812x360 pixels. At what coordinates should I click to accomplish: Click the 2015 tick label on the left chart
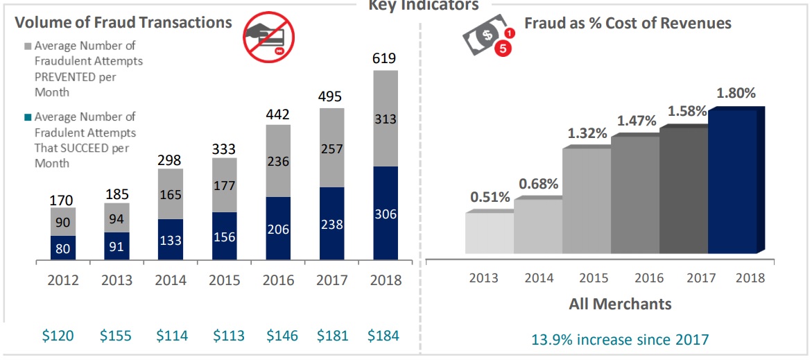(225, 280)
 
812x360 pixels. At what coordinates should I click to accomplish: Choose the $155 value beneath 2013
(116, 336)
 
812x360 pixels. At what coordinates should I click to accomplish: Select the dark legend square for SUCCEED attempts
(28, 117)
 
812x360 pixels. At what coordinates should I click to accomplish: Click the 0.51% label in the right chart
(490, 197)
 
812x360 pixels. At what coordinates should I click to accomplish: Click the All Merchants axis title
(620, 304)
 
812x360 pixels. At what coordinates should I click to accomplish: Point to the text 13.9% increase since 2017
(620, 339)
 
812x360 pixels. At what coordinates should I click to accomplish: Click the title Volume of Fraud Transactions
(123, 22)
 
